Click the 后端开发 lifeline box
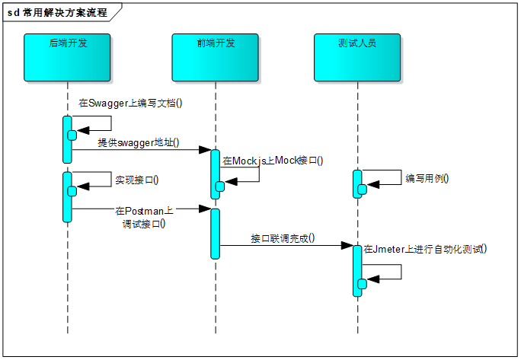[68, 57]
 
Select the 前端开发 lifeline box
[216, 57]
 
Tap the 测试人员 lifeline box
[356, 57]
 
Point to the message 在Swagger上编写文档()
[131, 103]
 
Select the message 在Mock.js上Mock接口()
[273, 161]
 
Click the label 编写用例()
[427, 178]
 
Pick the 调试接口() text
[144, 224]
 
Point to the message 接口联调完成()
[283, 238]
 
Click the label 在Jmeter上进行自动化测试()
[425, 248]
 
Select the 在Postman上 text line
[145, 210]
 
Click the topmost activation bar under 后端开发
[67, 139]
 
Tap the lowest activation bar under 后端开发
[67, 196]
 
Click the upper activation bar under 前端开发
[215, 174]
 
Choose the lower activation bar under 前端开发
[215, 233]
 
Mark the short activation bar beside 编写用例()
[356, 183]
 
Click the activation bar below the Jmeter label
[356, 270]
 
